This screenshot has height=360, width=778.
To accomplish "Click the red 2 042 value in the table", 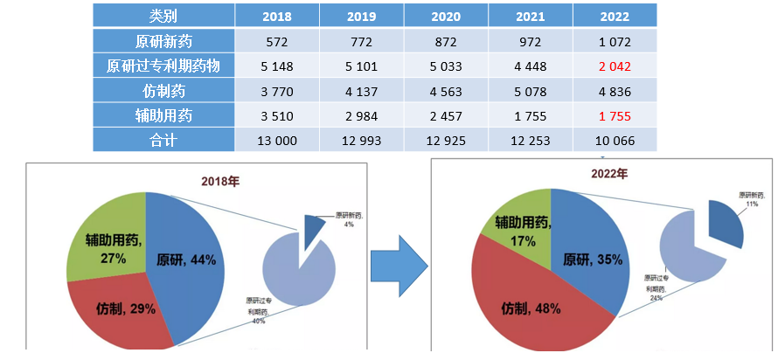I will [615, 66].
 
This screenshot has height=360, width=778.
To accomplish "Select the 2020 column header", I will [446, 16].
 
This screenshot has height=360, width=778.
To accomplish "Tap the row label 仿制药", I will [163, 91].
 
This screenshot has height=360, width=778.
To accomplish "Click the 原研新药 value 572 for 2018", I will [276, 41].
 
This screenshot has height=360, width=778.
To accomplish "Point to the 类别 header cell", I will [163, 16].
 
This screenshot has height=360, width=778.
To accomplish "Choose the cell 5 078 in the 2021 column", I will [531, 91].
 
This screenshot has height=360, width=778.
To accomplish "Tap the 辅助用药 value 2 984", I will [361, 115].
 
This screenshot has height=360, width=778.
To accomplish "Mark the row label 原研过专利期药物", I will [163, 66].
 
